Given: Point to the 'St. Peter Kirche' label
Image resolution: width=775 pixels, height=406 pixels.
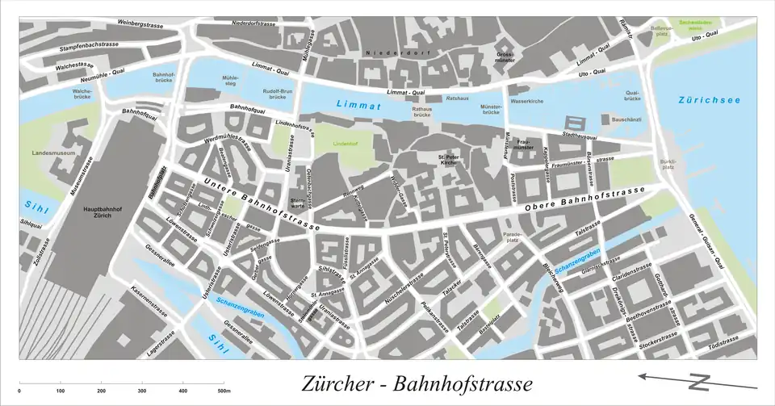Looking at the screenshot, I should pos(449,159).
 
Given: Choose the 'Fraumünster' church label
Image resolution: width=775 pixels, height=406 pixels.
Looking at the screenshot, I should pos(523,145).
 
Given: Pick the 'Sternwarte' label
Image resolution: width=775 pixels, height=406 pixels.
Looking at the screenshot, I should pos(297,203).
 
